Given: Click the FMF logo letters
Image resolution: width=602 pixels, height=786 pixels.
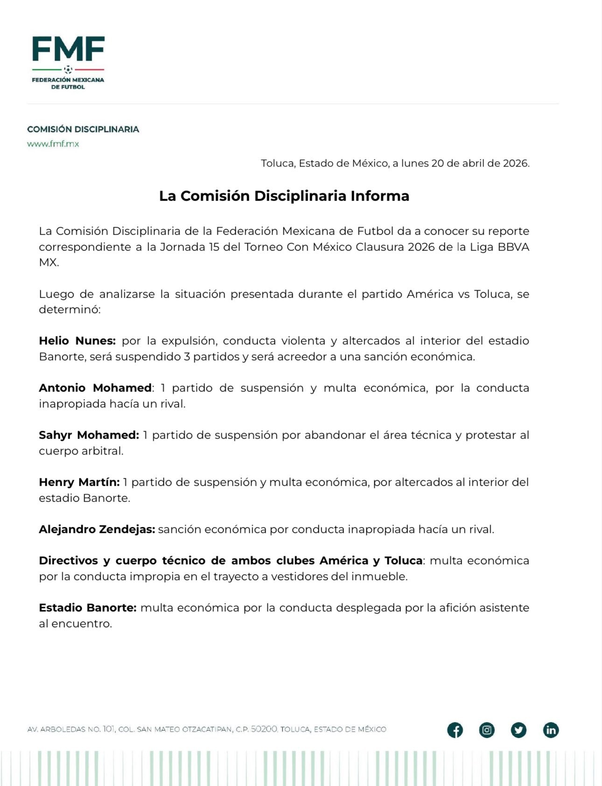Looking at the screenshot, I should coord(68,49).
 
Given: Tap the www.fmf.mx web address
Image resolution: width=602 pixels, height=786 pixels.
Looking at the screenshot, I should coord(53,144).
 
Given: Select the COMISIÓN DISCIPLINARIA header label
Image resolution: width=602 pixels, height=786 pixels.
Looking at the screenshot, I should coord(83,129).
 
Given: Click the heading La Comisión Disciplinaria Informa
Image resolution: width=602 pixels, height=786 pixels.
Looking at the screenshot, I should coord(284,196).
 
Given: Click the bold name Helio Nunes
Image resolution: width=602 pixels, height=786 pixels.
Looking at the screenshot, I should coord(77,341).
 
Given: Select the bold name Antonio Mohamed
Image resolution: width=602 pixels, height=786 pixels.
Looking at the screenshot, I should coord(95,388).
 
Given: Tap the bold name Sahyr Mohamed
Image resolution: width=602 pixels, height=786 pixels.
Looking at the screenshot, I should coord(89,435).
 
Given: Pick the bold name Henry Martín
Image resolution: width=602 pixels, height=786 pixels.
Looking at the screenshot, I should coord(79,482).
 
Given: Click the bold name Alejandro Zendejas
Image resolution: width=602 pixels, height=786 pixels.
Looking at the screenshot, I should coord(97,529).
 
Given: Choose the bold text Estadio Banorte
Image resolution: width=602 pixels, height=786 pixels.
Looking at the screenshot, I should coord(87,608).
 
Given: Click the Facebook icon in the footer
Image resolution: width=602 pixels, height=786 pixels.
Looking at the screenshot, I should coord(455,730).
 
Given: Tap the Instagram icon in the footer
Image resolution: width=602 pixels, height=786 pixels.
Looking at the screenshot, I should coord(487,730).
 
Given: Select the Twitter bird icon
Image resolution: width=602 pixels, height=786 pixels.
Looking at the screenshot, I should coord(518,730).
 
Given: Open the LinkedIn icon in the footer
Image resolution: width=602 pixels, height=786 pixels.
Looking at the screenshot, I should coord(551,730).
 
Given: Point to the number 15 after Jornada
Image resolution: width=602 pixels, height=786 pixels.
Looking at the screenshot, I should coord(214,247).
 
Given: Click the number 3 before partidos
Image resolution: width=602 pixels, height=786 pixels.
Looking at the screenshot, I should coord(187,357).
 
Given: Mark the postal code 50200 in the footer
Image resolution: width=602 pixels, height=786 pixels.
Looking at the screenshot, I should coord(264,729).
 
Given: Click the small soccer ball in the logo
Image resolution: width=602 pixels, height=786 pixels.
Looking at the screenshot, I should coord(68,70).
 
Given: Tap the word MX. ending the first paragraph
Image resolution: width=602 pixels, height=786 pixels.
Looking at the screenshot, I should coord(49,262).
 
